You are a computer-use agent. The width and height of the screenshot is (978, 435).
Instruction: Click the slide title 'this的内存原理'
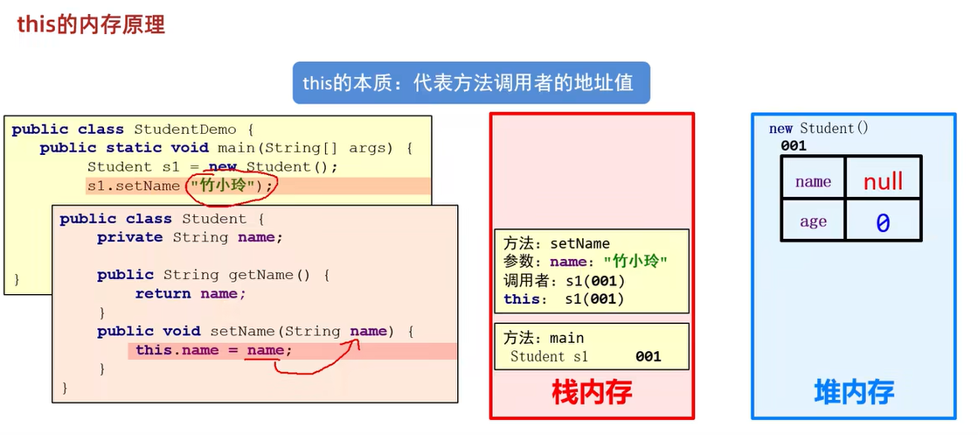pyautogui.click(x=91, y=24)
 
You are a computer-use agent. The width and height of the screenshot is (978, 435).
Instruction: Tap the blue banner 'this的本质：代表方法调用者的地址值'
pyautogui.click(x=471, y=83)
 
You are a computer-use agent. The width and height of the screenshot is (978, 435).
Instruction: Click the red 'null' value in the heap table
pyautogui.click(x=883, y=181)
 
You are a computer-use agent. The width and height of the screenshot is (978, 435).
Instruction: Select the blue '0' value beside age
pyautogui.click(x=883, y=223)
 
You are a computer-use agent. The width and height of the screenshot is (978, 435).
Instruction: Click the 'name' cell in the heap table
pyautogui.click(x=813, y=181)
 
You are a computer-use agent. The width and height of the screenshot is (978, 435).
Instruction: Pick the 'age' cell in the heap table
pyautogui.click(x=813, y=221)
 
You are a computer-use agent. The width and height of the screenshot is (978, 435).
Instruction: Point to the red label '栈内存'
pyautogui.click(x=592, y=391)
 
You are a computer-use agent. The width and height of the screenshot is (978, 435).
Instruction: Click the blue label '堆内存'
pyautogui.click(x=853, y=391)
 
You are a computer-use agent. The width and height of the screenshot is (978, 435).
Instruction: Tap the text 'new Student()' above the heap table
pyautogui.click(x=819, y=129)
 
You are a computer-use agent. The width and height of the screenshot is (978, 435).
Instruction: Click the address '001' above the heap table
pyautogui.click(x=794, y=146)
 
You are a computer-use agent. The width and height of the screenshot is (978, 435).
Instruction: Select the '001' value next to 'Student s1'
pyautogui.click(x=648, y=356)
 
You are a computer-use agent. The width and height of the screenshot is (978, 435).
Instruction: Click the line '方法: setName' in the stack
pyautogui.click(x=557, y=243)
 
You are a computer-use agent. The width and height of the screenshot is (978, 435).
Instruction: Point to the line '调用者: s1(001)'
pyautogui.click(x=564, y=280)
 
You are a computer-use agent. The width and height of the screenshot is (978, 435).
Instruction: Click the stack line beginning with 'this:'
pyautogui.click(x=564, y=299)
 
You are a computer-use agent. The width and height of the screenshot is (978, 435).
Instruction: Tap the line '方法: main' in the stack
pyautogui.click(x=544, y=338)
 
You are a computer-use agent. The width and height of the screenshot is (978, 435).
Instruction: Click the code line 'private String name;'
pyautogui.click(x=190, y=237)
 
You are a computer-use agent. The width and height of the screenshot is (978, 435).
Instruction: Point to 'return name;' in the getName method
pyautogui.click(x=191, y=294)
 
